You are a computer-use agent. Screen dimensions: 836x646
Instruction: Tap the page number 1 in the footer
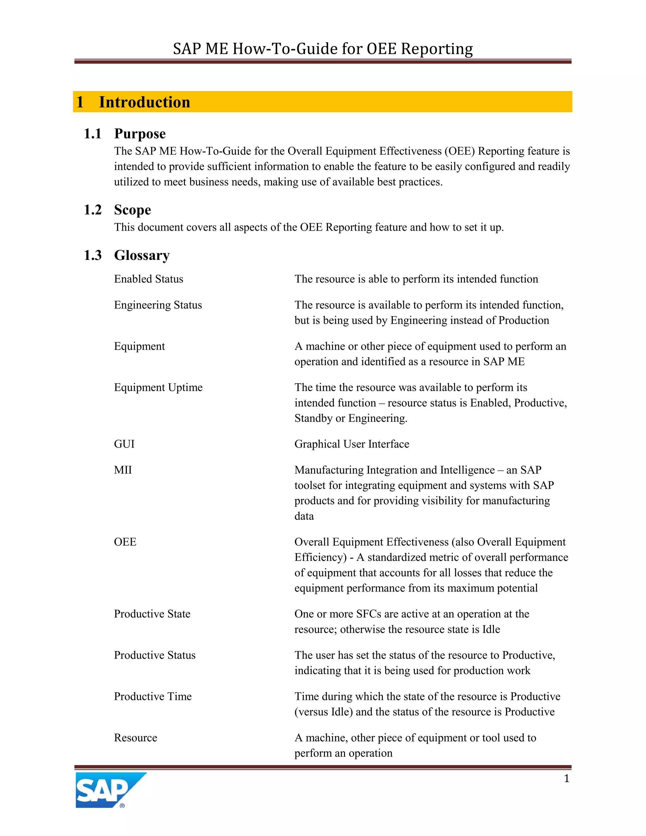coord(567,779)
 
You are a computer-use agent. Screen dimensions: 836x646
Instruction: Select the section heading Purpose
coord(140,133)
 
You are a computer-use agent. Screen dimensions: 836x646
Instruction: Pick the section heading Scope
coord(132,210)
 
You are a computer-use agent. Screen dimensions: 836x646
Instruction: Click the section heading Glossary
coord(142,255)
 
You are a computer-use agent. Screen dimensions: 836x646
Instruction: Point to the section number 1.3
coord(93,255)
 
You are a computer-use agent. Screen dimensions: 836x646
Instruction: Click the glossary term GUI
coord(124,444)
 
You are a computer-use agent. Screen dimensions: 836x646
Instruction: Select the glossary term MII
coord(122,470)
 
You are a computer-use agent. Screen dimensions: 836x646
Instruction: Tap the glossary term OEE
coord(125,542)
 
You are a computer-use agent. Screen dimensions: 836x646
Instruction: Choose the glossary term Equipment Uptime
coord(158,387)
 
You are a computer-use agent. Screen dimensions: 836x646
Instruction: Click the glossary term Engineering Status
coord(158,305)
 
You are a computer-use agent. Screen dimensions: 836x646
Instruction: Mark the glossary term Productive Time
coord(153,696)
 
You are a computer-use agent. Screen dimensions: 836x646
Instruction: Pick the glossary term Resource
coord(135,738)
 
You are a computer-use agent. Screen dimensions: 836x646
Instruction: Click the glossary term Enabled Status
coord(149,279)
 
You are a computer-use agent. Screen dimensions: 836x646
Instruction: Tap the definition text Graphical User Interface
coord(352,444)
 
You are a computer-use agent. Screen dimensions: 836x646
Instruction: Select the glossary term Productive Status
coord(155,655)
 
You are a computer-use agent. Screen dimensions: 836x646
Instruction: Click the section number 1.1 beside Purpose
coord(93,133)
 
